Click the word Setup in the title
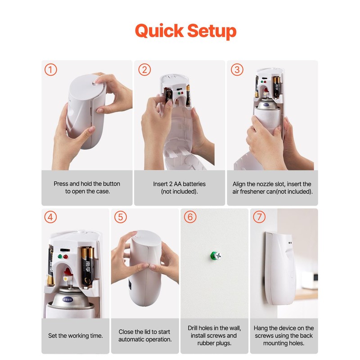coord(212,31)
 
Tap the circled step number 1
coord(51,70)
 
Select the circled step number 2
coord(144,70)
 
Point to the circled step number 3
coord(237,70)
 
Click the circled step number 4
coord(50,217)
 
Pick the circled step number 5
coord(120,217)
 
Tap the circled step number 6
coord(190,217)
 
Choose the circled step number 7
coord(259,217)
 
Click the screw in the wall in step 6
coord(216,256)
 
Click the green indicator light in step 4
coord(60,256)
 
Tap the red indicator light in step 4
coord(66,256)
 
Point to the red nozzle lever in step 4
coord(67,272)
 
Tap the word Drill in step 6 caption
coord(193,328)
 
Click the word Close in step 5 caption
coord(126,332)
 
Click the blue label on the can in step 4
coord(67,299)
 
